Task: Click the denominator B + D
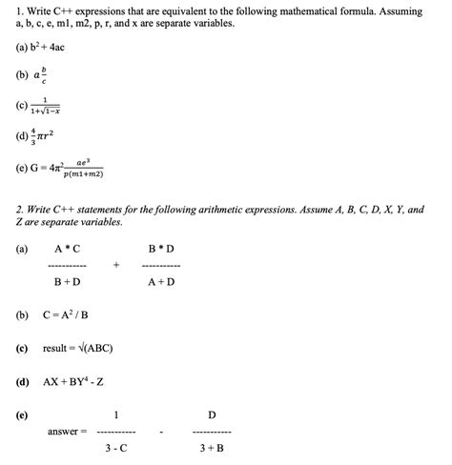click(67, 282)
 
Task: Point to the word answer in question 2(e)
click(63, 432)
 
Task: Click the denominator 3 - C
click(116, 448)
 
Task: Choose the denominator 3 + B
click(212, 448)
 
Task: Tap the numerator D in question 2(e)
click(212, 414)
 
